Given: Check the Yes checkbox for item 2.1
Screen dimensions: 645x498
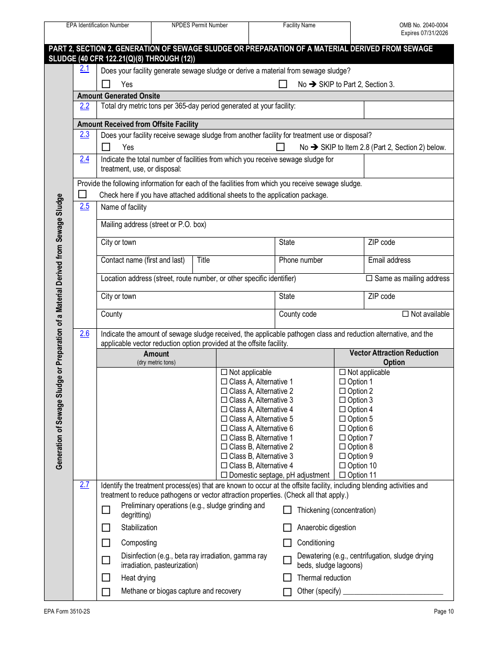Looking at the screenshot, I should [106, 84].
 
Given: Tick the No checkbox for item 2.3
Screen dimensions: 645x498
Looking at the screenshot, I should [280, 147].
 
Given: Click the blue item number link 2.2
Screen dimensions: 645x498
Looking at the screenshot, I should [84, 106].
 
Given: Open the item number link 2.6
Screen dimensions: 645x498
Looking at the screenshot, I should [84, 334].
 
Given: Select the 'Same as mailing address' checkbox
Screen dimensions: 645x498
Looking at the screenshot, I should [369, 278].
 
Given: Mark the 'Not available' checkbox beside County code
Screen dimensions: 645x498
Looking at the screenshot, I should [405, 314].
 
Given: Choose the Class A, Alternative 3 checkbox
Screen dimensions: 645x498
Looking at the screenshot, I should [224, 401].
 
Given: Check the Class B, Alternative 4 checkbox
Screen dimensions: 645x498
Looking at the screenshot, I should [224, 466].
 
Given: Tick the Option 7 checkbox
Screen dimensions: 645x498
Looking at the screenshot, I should [343, 438].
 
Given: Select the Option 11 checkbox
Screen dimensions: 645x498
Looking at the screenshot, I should [343, 475].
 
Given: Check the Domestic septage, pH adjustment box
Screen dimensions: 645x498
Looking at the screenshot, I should [224, 475].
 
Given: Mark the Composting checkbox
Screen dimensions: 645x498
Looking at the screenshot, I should [106, 543].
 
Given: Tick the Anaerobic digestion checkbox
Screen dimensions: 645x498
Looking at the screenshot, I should [287, 528].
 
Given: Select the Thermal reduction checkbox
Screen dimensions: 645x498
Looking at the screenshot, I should [287, 578].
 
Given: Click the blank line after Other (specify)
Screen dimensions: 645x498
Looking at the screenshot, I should [393, 592].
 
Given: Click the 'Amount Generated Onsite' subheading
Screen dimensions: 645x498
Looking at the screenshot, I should [118, 96].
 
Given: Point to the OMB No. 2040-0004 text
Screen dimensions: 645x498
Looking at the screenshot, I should [424, 25].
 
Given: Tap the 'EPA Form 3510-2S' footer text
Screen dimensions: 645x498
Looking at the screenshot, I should [63, 611].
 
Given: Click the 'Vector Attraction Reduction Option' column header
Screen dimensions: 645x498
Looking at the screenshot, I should [394, 358].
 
